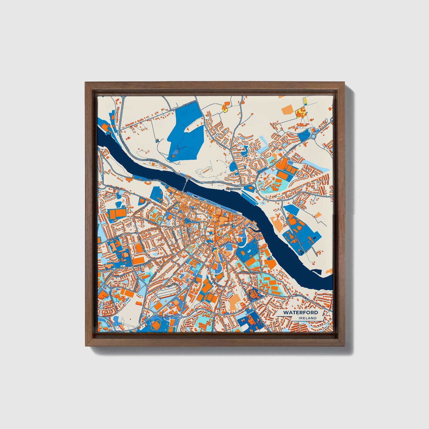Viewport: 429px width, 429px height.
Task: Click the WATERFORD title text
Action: (x=300, y=312)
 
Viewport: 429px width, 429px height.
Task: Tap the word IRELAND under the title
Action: (x=308, y=318)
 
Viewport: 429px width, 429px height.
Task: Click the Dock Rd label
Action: (x=194, y=180)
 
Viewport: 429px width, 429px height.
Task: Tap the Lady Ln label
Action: (x=223, y=226)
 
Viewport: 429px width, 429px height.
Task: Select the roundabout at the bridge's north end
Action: (x=188, y=178)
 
